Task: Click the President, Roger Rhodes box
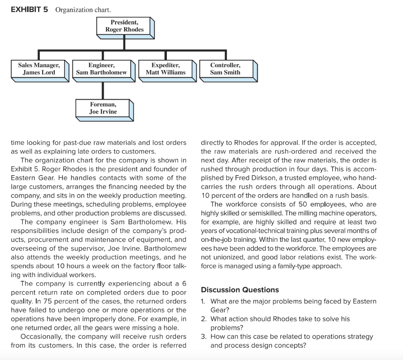point(124,26)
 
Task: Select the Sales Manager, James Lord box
point(39,69)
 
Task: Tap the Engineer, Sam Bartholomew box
point(102,69)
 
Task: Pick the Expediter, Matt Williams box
point(165,69)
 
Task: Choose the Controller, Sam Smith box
point(225,69)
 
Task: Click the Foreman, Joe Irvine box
point(103,108)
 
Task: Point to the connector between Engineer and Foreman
point(103,90)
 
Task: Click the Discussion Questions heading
point(240,290)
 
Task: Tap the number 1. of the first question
point(203,301)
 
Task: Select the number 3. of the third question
point(203,337)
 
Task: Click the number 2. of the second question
point(203,319)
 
